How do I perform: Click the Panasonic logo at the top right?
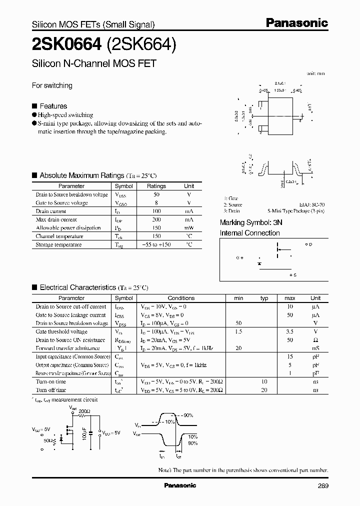click(x=296, y=22)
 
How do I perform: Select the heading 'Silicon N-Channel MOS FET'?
click(x=94, y=63)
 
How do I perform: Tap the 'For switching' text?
click(x=52, y=85)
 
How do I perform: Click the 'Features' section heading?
click(x=53, y=106)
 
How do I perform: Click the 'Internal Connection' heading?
click(x=250, y=233)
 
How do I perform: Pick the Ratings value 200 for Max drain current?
click(x=156, y=219)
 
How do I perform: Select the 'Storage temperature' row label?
click(x=58, y=244)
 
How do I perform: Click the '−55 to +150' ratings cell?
click(x=156, y=244)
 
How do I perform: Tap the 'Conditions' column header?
click(x=181, y=298)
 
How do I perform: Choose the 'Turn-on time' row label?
click(x=51, y=381)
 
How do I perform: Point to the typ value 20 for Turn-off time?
click(x=264, y=390)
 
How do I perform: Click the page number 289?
click(x=322, y=485)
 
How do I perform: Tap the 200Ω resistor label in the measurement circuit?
click(x=85, y=411)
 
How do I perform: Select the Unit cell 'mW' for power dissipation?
click(x=189, y=228)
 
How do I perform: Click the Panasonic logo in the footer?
click(x=180, y=485)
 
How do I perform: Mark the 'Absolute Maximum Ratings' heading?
click(x=82, y=175)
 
